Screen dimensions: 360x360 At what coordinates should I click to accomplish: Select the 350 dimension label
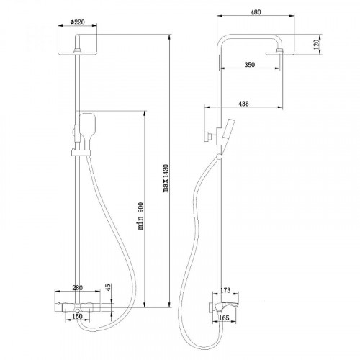tap(248, 65)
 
